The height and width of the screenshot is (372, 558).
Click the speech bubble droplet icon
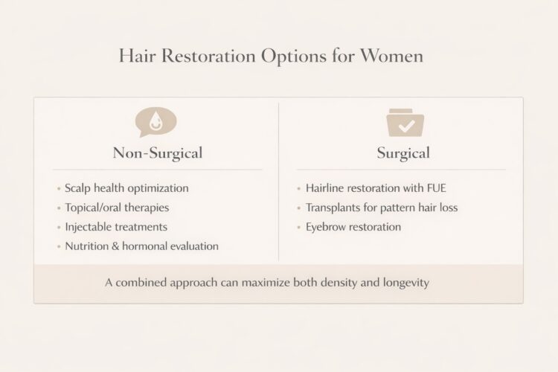pyautogui.click(x=156, y=121)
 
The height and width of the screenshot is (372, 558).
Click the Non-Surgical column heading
pyautogui.click(x=157, y=154)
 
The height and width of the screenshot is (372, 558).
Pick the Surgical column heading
pyautogui.click(x=403, y=154)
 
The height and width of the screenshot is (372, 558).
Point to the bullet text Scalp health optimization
pyautogui.click(x=126, y=188)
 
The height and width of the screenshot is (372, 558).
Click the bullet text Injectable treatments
pyautogui.click(x=115, y=227)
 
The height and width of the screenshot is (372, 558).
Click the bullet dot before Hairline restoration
pyautogui.click(x=298, y=189)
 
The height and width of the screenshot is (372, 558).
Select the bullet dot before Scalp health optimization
pyautogui.click(x=58, y=189)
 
